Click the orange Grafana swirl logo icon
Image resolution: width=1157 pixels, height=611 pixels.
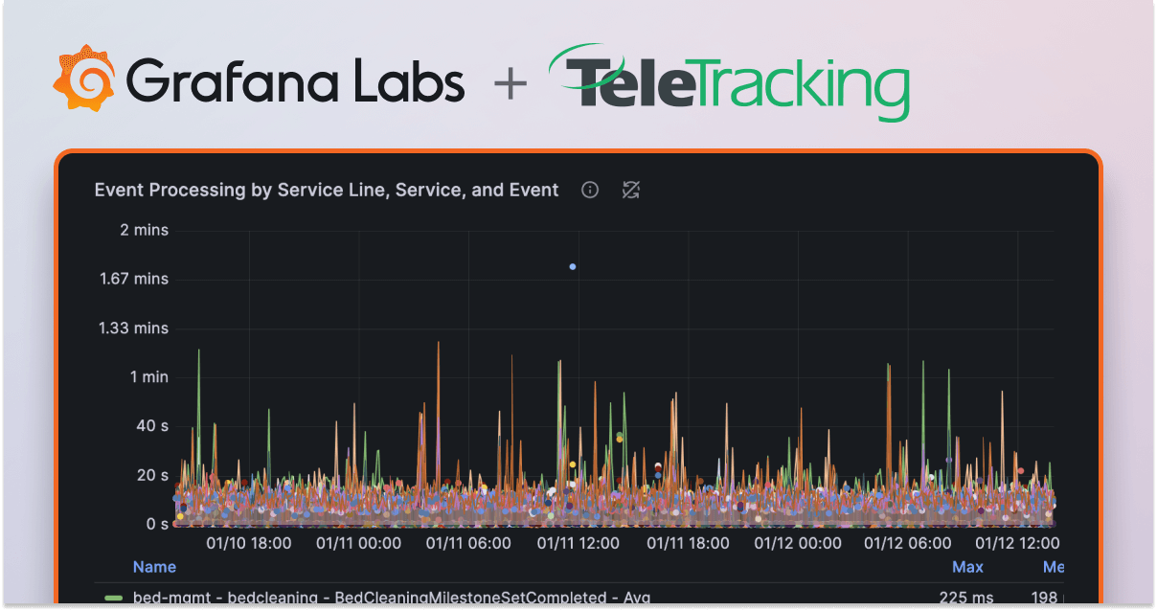(x=84, y=79)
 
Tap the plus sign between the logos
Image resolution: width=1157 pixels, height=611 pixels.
(x=510, y=83)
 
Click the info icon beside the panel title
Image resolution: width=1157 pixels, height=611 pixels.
(x=590, y=190)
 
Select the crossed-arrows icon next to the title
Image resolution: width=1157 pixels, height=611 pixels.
(x=630, y=190)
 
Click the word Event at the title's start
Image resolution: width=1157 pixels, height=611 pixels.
(x=118, y=190)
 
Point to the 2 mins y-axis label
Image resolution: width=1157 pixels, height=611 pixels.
(x=144, y=230)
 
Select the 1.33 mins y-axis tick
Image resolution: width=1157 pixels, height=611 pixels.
(x=133, y=328)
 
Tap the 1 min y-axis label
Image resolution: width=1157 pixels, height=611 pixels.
(x=148, y=376)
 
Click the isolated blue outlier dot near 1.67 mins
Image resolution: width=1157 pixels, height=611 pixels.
(x=573, y=266)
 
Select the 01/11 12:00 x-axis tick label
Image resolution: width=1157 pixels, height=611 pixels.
(x=578, y=543)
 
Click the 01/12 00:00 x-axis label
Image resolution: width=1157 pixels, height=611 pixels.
(x=798, y=543)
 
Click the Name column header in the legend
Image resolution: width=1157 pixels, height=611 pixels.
(x=154, y=567)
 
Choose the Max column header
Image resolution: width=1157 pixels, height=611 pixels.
(x=967, y=567)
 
